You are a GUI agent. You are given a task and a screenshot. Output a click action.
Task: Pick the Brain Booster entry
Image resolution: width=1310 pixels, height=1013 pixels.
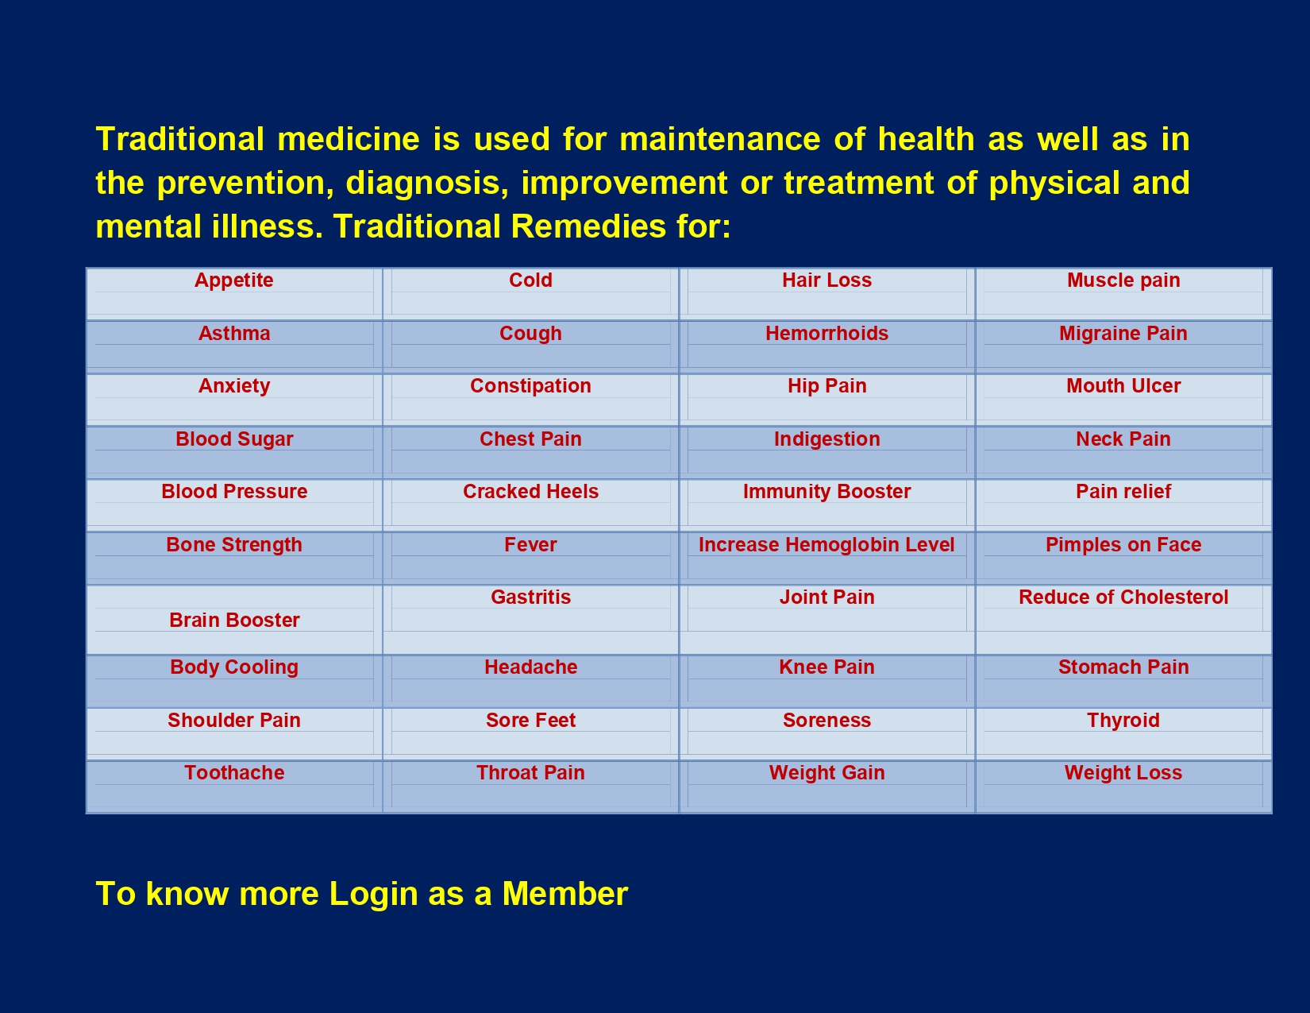tap(234, 621)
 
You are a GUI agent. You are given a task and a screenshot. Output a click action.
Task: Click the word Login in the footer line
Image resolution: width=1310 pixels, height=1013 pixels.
tap(374, 894)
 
